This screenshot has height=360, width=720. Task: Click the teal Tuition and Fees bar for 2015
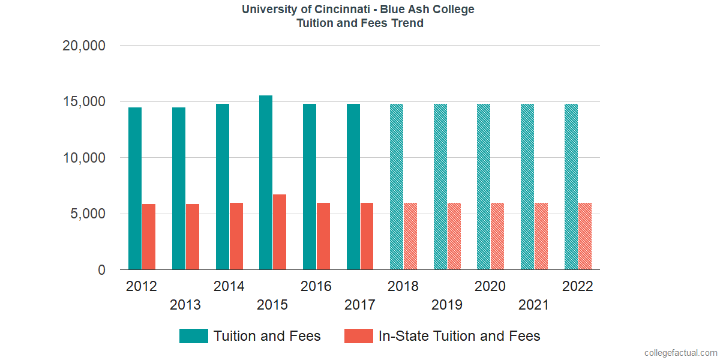tap(266, 183)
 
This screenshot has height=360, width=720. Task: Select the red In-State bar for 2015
tap(280, 232)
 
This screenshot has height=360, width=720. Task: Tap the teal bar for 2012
tap(135, 189)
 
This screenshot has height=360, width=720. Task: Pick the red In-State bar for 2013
tap(193, 237)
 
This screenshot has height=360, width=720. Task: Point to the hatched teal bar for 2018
tap(397, 187)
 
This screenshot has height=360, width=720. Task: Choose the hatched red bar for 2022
tap(585, 236)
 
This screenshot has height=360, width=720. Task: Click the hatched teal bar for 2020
tap(484, 187)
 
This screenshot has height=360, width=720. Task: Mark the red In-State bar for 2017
tap(367, 236)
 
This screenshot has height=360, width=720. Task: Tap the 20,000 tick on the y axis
tap(84, 46)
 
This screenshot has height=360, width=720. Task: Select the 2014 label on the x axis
tap(229, 286)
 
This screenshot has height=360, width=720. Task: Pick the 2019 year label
tap(446, 305)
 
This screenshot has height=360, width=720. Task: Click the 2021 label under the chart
tap(533, 305)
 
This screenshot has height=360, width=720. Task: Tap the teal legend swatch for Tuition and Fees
tap(193, 336)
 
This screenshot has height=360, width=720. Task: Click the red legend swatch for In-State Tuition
tap(358, 336)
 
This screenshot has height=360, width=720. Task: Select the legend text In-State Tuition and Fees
tap(459, 336)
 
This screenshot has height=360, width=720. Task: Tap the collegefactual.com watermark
tap(680, 353)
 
